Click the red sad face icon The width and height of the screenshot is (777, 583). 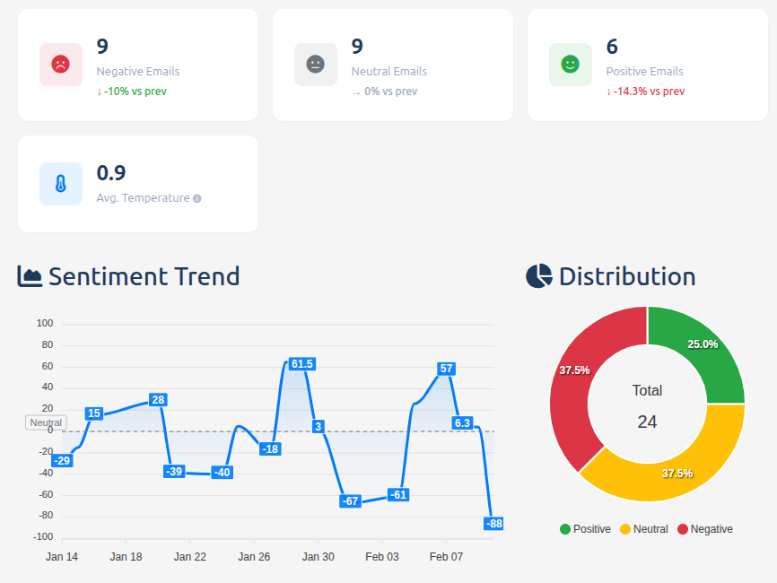click(60, 65)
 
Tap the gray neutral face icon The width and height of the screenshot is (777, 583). click(315, 65)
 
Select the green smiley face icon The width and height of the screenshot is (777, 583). click(570, 65)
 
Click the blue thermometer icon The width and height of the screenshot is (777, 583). click(60, 184)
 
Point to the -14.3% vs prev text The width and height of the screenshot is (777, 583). click(645, 91)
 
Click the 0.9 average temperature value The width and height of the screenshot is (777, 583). click(111, 173)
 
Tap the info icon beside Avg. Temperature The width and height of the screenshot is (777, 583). click(197, 198)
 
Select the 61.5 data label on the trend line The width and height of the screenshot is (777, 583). click(302, 364)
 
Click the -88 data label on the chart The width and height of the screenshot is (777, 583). click(493, 524)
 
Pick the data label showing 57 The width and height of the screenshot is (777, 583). click(446, 369)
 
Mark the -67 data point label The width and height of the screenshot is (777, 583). click(351, 501)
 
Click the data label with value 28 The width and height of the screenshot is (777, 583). click(158, 400)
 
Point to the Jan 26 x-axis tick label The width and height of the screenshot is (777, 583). click(254, 557)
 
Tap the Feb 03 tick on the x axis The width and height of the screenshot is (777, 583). click(382, 557)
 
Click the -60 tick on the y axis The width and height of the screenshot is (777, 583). click(44, 495)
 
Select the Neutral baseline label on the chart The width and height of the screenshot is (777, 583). click(46, 422)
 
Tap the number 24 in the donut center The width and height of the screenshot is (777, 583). click(647, 422)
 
